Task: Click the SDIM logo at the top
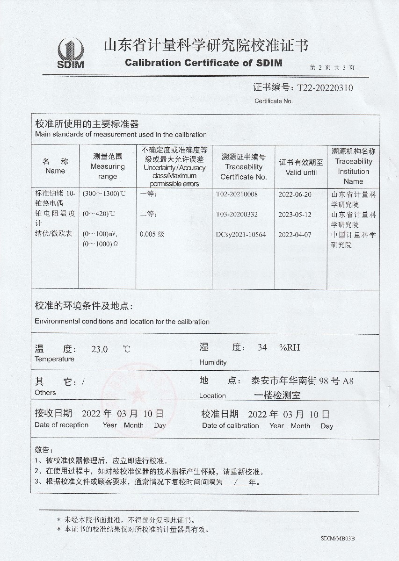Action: (71, 53)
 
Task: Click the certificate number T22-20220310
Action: (322, 87)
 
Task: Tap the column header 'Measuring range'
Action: (108, 166)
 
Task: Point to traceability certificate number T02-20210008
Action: (237, 194)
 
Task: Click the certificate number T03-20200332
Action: (237, 215)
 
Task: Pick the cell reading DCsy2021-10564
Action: (240, 235)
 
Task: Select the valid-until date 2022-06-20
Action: (295, 194)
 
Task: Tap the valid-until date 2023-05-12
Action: (295, 215)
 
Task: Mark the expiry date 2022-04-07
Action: (295, 235)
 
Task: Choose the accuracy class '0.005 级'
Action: (152, 235)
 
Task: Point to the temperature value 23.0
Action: (99, 349)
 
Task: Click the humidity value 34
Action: (262, 347)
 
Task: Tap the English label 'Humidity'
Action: (213, 362)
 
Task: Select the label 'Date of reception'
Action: (61, 425)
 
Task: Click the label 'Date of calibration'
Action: (230, 425)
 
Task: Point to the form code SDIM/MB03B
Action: (338, 539)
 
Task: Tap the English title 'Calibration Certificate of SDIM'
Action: (203, 63)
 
